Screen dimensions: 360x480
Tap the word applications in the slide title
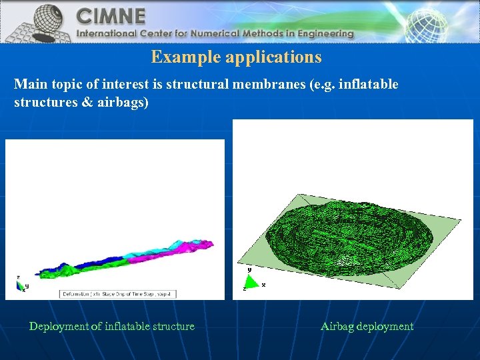(x=273, y=57)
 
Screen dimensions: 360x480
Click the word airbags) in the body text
(x=124, y=103)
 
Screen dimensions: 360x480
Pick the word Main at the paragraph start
(x=27, y=85)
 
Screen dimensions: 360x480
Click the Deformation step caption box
(x=118, y=293)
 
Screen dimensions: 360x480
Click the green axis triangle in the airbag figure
(x=248, y=281)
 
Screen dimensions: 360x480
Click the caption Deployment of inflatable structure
(x=112, y=327)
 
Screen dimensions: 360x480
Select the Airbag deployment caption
(x=367, y=327)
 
